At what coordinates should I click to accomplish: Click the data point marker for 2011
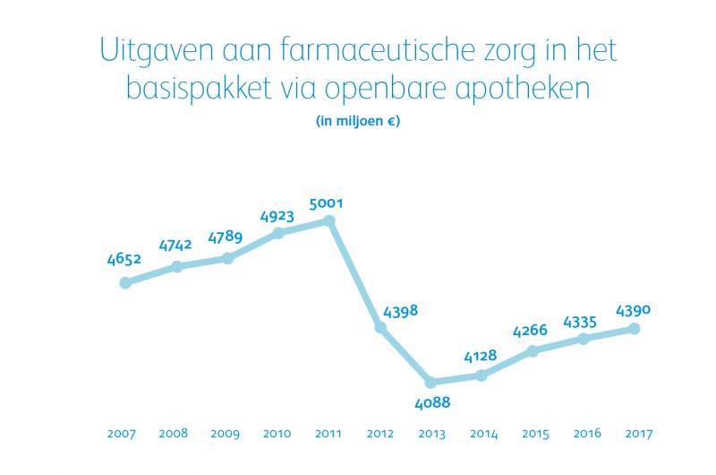click(x=329, y=220)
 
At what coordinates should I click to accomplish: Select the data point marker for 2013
click(x=430, y=382)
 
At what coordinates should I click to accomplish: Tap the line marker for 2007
click(x=125, y=283)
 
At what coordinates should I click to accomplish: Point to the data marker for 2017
click(x=635, y=329)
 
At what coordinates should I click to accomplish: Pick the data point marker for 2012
click(x=380, y=328)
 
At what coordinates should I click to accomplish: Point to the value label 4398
click(x=400, y=311)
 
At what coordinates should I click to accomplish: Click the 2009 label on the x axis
click(x=225, y=435)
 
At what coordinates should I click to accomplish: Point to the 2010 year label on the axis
click(x=277, y=435)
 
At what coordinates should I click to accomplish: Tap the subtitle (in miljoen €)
click(x=358, y=122)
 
